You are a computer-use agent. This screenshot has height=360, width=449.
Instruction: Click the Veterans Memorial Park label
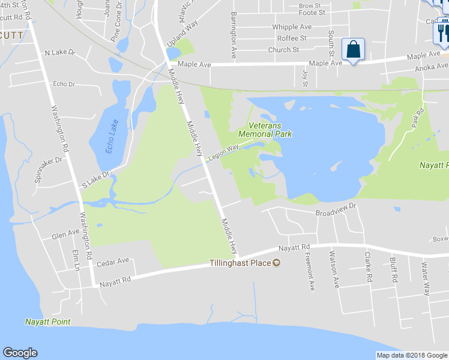265,130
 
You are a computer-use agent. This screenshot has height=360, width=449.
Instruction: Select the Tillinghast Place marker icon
276,263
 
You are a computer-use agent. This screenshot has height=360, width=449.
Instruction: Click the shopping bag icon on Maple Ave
353,49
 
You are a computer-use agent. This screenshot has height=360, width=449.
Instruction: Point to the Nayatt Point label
47,322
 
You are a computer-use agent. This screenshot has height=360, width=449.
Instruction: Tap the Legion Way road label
223,152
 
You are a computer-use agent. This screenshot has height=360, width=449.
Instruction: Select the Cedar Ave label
113,262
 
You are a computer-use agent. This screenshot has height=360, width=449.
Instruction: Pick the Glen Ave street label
65,233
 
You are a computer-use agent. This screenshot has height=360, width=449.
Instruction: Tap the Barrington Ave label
234,34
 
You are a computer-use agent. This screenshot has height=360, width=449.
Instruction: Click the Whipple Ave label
292,27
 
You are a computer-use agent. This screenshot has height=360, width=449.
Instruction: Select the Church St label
283,50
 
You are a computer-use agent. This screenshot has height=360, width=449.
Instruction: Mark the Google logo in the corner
20,353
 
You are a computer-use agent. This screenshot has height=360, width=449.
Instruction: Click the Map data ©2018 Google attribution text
411,355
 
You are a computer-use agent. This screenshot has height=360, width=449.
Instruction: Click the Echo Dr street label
64,84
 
